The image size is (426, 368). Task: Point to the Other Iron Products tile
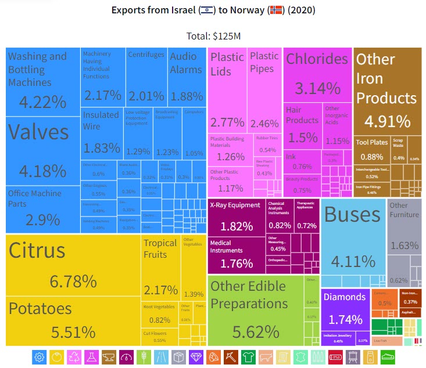click(x=386, y=90)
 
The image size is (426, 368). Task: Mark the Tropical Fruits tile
click(x=160, y=267)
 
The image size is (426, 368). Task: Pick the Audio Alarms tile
click(x=186, y=75)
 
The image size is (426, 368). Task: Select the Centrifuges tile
click(x=146, y=75)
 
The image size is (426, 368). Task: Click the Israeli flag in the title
click(x=206, y=11)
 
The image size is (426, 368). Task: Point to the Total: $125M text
click(x=213, y=36)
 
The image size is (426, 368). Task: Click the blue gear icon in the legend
click(x=40, y=356)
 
